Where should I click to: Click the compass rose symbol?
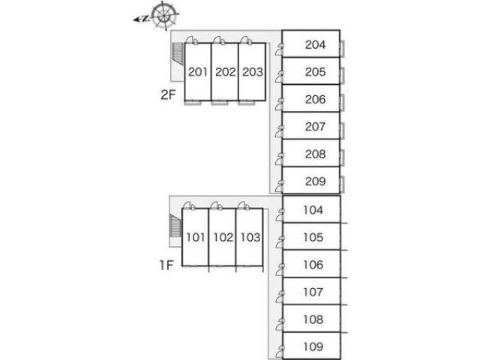point(164,16)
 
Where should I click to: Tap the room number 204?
point(315,45)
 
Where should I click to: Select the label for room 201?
point(198,72)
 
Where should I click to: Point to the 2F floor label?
point(168,95)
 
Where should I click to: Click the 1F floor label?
point(166,265)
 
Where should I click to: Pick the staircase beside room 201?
point(178,53)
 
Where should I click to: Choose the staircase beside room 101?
point(175,226)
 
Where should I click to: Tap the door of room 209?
point(279,186)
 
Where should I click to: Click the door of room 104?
point(280,214)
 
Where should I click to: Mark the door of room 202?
point(219,40)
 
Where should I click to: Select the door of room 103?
point(243,205)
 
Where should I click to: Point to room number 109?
point(313,346)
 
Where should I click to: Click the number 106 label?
point(313,265)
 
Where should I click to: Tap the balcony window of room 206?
point(342,103)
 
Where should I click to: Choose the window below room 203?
point(247,103)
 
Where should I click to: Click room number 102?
point(223,237)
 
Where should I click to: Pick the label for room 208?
point(315,154)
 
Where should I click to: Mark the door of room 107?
point(280,296)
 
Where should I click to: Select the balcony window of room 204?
point(342,48)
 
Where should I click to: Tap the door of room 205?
point(279,76)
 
